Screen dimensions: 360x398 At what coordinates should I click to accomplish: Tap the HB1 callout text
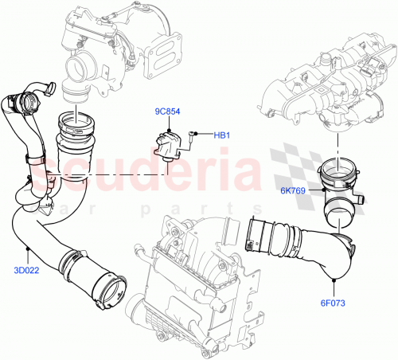[221, 135]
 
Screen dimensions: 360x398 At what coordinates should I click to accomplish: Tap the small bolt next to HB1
[193, 135]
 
